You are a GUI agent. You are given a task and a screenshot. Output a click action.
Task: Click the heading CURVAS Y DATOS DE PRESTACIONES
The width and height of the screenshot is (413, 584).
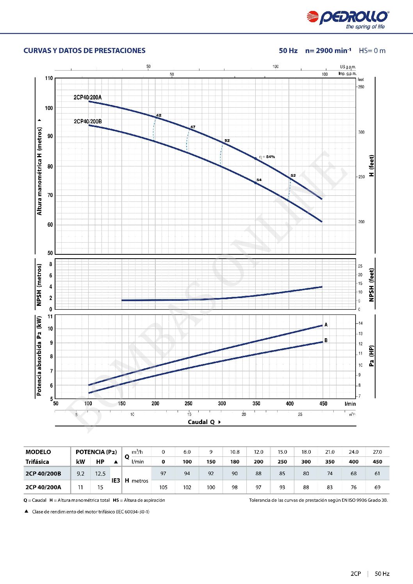click(x=84, y=51)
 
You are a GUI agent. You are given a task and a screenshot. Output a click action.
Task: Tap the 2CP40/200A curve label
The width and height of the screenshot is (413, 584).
click(x=87, y=98)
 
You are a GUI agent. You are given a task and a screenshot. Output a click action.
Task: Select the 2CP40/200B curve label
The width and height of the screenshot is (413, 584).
click(x=88, y=121)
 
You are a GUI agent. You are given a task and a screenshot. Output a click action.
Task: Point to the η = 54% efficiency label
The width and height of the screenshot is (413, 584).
click(x=267, y=157)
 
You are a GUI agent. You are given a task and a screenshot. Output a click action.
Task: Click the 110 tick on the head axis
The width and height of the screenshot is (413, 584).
click(x=49, y=78)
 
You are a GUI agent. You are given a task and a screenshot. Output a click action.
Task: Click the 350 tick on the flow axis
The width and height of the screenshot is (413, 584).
click(x=256, y=403)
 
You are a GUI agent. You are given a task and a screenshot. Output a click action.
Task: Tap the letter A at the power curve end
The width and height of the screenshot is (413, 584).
click(x=326, y=325)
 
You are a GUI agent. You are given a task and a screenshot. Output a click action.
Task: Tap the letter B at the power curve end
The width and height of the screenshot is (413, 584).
click(x=326, y=340)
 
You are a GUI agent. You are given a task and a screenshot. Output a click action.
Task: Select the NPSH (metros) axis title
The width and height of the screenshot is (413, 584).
click(x=39, y=285)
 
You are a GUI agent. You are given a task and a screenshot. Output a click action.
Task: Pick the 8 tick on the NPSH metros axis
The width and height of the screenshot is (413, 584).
click(x=50, y=264)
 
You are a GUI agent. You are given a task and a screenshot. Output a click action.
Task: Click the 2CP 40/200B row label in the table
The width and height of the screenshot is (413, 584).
click(x=43, y=474)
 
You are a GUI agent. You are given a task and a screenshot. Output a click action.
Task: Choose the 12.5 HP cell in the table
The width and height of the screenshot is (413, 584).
click(x=100, y=474)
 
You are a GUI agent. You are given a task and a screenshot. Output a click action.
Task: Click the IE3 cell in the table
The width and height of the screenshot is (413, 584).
click(x=116, y=480)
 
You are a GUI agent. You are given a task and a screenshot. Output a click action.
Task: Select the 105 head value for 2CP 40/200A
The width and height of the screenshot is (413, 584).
click(x=163, y=487)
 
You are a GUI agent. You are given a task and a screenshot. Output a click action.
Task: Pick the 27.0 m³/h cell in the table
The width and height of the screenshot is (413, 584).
click(x=377, y=452)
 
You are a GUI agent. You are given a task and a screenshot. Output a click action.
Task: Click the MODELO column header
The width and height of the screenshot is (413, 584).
click(x=38, y=452)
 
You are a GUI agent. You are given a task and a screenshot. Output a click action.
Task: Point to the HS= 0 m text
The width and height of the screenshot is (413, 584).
click(x=372, y=51)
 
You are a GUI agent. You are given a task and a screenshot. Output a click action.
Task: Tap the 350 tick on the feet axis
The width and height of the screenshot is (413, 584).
click(x=361, y=87)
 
